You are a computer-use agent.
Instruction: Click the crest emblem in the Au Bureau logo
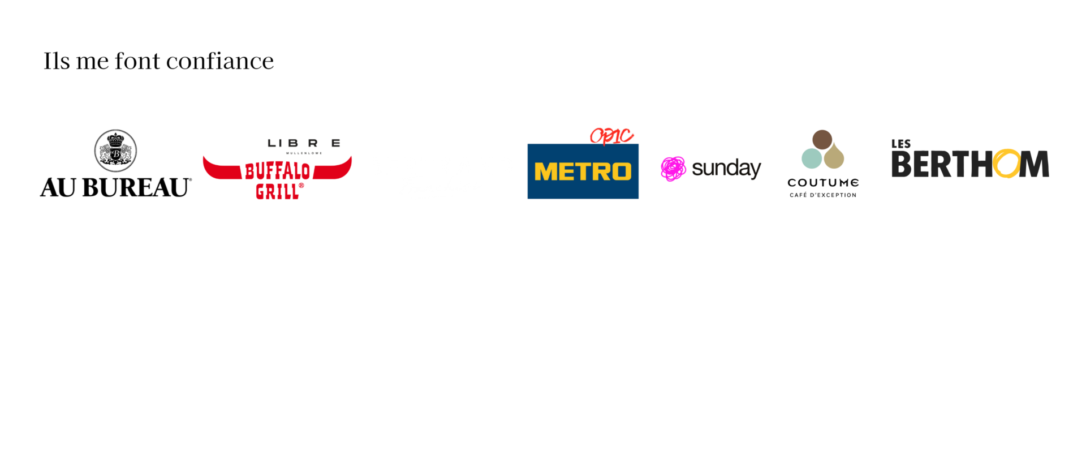(x=115, y=150)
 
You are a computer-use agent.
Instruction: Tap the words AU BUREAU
(x=116, y=187)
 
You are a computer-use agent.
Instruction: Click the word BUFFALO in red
(x=278, y=170)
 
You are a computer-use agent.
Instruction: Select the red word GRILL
(x=277, y=191)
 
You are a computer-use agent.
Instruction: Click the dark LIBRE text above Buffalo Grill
(x=304, y=144)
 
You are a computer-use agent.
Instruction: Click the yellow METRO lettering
(x=583, y=171)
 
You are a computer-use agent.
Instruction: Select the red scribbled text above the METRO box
(x=611, y=136)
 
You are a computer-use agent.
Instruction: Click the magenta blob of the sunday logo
(x=673, y=169)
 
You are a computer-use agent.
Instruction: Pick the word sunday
(x=726, y=169)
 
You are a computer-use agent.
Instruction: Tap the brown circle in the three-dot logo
(x=822, y=139)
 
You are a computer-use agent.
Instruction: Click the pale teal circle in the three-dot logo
(x=812, y=158)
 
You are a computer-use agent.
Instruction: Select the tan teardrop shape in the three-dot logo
(x=834, y=158)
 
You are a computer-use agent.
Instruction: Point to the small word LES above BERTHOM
(x=901, y=144)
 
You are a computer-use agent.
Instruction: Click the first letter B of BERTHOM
(x=902, y=164)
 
